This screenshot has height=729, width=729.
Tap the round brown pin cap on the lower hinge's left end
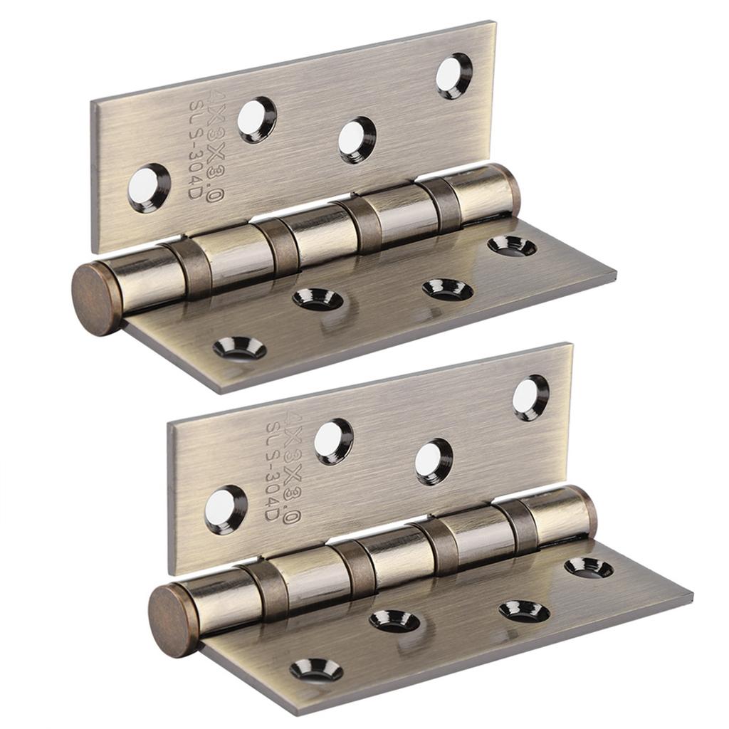coord(171,621)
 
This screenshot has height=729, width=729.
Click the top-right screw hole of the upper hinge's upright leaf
coord(453,76)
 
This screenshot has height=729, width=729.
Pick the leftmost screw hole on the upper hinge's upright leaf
coord(149,188)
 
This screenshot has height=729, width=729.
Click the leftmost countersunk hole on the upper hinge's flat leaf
coord(239,348)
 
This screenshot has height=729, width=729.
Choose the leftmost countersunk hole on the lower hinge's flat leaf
coord(316,670)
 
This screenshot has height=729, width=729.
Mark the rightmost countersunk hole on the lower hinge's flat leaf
coord(589,567)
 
